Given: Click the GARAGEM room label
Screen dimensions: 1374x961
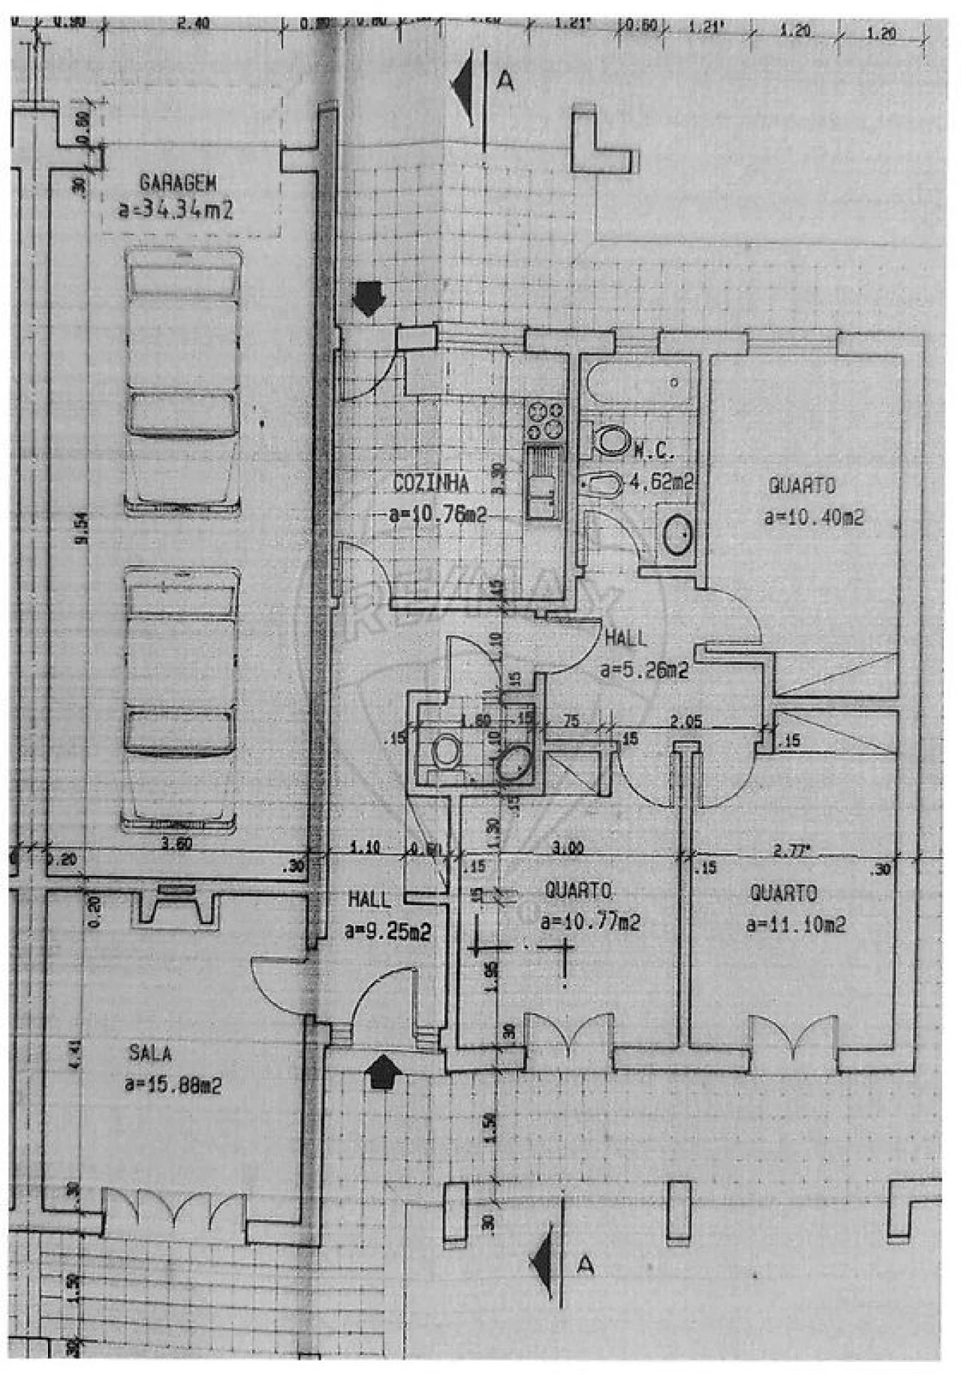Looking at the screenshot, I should (x=178, y=183).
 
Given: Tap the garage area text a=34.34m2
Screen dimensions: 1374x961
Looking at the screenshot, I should (x=176, y=210).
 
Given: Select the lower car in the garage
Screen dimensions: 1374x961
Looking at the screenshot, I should (x=182, y=699).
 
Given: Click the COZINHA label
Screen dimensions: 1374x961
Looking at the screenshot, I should (x=431, y=483).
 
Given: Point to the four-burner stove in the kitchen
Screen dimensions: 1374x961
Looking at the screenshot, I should (x=546, y=421).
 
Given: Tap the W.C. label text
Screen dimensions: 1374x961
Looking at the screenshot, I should (x=655, y=451).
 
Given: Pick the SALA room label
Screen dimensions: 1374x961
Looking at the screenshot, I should (x=150, y=1052).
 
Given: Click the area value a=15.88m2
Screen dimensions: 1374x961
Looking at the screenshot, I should (x=173, y=1085).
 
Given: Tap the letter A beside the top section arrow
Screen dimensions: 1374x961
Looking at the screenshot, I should (x=506, y=80).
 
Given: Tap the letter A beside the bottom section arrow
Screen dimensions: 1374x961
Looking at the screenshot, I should (x=586, y=1265).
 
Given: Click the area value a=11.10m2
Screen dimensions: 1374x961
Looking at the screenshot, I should (x=795, y=923).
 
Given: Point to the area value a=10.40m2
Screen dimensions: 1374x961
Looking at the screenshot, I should (x=813, y=517).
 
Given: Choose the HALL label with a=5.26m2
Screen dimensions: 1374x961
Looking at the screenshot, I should (x=625, y=639).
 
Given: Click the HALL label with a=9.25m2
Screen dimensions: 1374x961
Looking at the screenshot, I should (x=369, y=899).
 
